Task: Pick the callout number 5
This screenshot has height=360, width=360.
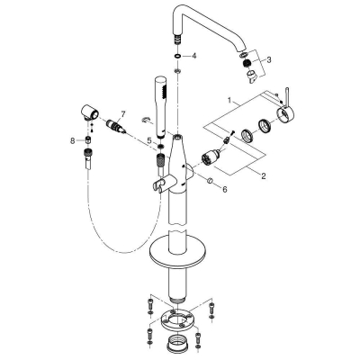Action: (x=148, y=139)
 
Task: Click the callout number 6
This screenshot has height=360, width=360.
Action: (x=225, y=191)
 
